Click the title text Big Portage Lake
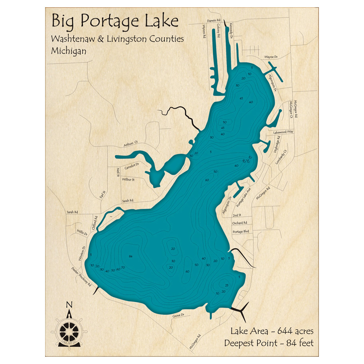click(x=115, y=21)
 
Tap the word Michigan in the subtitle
click(x=69, y=51)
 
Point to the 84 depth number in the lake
click(x=130, y=257)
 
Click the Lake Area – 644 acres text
click(x=272, y=331)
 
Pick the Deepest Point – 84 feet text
click(x=269, y=343)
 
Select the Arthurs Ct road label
click(x=131, y=144)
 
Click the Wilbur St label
click(x=128, y=179)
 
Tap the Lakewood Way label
click(x=281, y=132)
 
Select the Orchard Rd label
click(x=240, y=223)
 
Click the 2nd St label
click(x=237, y=215)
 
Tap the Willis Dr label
click(x=82, y=232)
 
